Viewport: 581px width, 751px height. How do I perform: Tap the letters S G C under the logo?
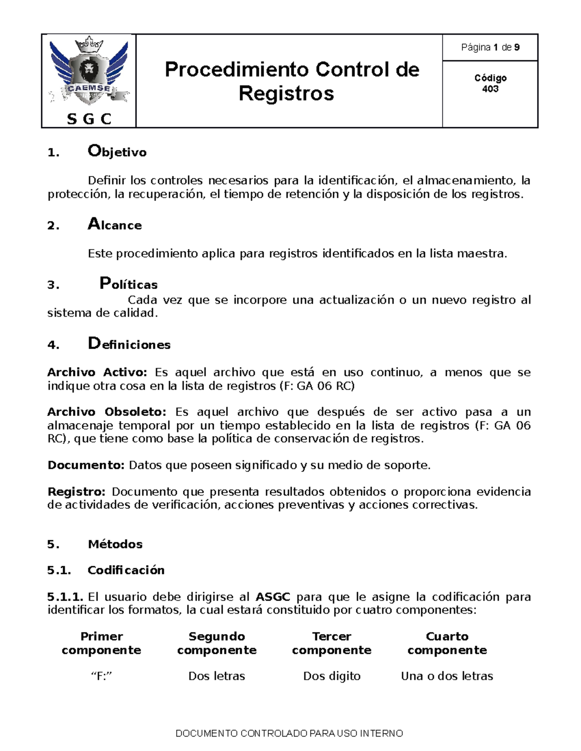[x=89, y=119]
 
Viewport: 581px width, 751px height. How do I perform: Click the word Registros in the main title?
[x=286, y=93]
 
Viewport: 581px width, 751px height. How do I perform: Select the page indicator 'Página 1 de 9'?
[x=490, y=47]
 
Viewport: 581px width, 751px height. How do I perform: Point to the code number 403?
[x=490, y=89]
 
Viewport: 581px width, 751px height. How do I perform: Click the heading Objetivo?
[x=117, y=152]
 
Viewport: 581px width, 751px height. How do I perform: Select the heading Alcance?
[x=115, y=225]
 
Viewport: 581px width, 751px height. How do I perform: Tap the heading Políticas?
[x=128, y=284]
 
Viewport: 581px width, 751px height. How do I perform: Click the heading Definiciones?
[x=129, y=344]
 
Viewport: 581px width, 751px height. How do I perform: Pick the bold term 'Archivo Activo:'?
[x=97, y=372]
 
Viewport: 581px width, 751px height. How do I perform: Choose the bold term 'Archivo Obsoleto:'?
[x=107, y=412]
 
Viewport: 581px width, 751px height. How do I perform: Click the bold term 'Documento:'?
[x=86, y=465]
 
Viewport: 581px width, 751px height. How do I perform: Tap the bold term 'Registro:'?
[x=76, y=492]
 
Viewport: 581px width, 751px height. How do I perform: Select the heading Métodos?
[x=115, y=544]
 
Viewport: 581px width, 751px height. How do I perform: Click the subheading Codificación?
[x=126, y=570]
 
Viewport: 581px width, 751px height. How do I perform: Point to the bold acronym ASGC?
[x=273, y=597]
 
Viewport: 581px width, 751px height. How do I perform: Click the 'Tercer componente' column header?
[x=332, y=643]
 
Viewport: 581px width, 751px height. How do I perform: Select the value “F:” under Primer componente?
[x=102, y=676]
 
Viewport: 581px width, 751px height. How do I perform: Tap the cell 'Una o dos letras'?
[x=447, y=676]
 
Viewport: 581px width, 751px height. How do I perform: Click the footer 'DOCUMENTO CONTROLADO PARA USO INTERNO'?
[x=289, y=734]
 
